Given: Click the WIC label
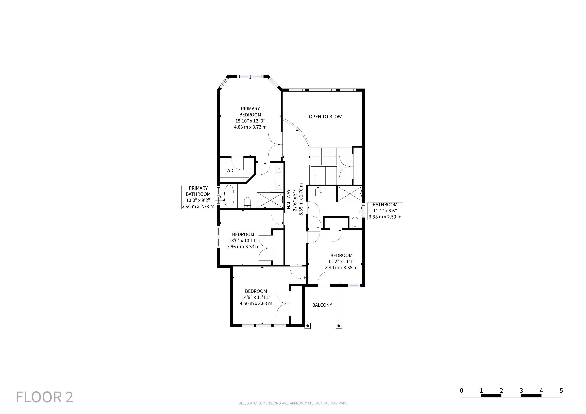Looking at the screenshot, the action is pyautogui.click(x=230, y=171).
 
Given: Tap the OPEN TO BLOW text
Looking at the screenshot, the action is pyautogui.click(x=325, y=117).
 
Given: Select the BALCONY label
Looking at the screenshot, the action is pyautogui.click(x=322, y=305).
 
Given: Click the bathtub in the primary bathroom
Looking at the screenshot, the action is pyautogui.click(x=229, y=196).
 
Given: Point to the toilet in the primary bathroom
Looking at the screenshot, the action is pyautogui.click(x=247, y=202).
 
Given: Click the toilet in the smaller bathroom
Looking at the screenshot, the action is pyautogui.click(x=355, y=222).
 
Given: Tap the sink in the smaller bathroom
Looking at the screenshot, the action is pyautogui.click(x=321, y=192).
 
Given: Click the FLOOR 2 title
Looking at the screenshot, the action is pyautogui.click(x=44, y=397).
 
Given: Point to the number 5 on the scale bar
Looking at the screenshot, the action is pyautogui.click(x=561, y=391).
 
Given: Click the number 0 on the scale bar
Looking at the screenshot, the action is pyautogui.click(x=461, y=391).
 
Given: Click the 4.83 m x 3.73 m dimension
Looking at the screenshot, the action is pyautogui.click(x=250, y=127).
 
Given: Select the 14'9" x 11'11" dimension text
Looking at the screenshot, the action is pyautogui.click(x=256, y=297).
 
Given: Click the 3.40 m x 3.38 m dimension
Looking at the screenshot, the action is pyautogui.click(x=341, y=268).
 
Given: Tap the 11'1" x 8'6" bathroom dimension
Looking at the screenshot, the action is pyautogui.click(x=385, y=211).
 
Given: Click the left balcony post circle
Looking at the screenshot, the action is pyautogui.click(x=308, y=326).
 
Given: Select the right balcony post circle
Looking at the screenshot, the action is pyautogui.click(x=339, y=326).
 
